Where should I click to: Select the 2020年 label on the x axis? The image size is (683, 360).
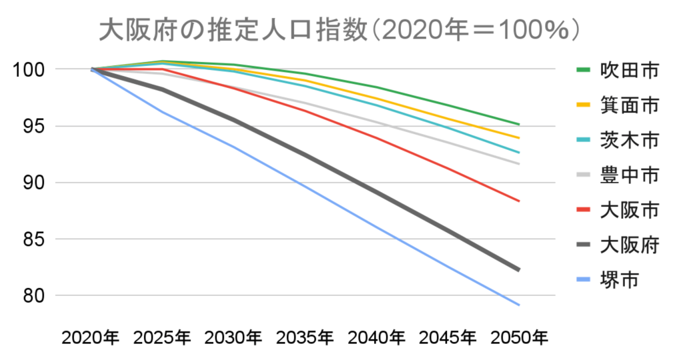point(91,338)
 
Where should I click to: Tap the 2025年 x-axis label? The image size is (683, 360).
point(163,338)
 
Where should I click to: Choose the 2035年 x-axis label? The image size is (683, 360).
point(305,338)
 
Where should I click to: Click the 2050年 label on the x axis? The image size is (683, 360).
point(519,338)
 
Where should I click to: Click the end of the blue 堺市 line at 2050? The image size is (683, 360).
point(519,305)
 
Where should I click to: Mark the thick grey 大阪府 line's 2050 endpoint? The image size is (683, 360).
point(518,269)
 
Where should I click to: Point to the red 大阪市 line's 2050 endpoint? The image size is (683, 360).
point(519,201)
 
